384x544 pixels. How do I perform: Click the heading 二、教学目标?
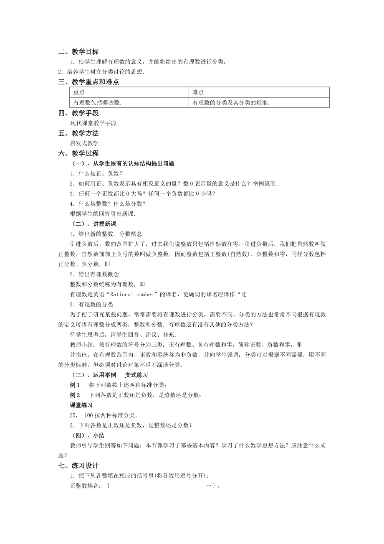click(78, 52)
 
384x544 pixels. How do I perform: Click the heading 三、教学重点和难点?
click(88, 82)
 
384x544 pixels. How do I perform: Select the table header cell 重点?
click(79, 92)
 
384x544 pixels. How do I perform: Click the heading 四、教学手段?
click(78, 113)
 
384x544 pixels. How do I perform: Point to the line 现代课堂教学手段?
click(93, 123)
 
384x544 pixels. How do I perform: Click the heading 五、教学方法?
click(78, 133)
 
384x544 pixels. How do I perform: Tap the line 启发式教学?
click(84, 143)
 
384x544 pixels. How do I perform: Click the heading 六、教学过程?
click(78, 153)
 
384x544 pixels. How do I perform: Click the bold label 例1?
click(75, 385)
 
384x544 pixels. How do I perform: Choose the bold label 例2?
click(75, 395)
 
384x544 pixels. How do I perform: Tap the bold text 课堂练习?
click(81, 405)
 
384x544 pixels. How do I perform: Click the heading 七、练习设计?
click(78, 465)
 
